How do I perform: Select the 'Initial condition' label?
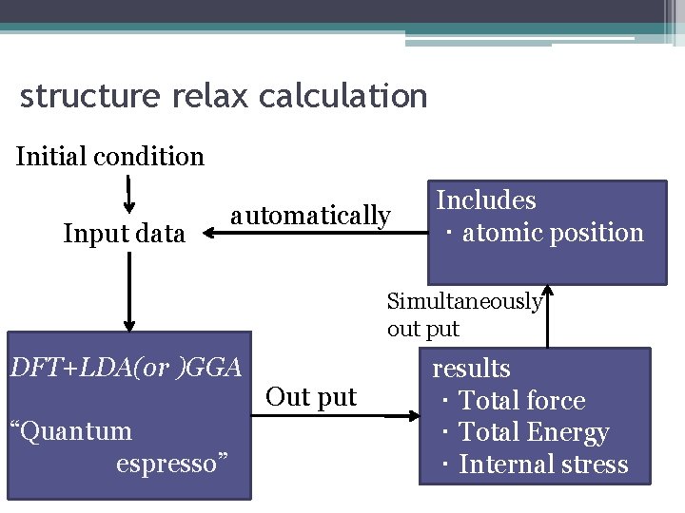point(110,156)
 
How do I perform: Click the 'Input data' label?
point(124,233)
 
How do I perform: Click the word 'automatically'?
point(310,216)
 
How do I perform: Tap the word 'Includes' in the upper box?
point(486,200)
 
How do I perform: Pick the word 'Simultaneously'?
point(464,302)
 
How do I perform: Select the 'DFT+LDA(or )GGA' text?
point(125,367)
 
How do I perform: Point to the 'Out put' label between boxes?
point(311,396)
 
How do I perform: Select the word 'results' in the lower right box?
point(472,369)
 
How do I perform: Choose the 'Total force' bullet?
point(521,401)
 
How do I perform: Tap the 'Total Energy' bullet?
point(533,432)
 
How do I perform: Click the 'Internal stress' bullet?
point(543,465)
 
